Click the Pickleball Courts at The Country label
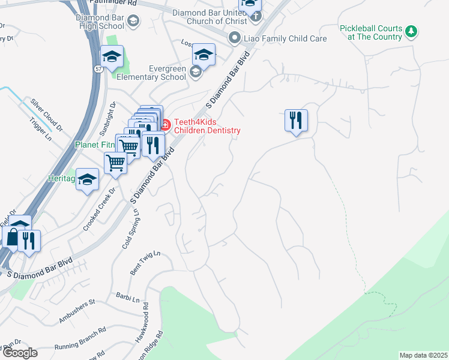pos(370,32)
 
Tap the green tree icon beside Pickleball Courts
pos(411,30)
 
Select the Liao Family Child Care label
pos(285,38)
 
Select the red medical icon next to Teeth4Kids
pos(165,125)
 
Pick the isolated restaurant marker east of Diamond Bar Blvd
pos(296,121)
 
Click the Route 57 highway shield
pos(97,70)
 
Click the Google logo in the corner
pos(19,353)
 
